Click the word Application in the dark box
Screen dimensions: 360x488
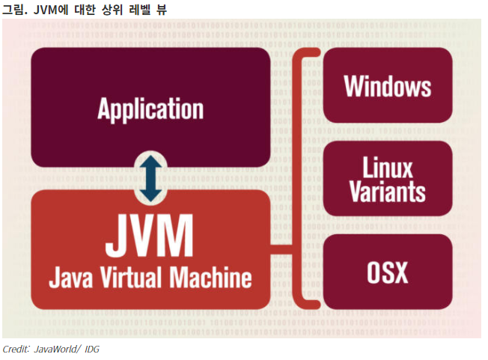(150, 109)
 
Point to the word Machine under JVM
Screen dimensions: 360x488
(213, 278)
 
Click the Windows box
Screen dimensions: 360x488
(387, 85)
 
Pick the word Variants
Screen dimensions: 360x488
(388, 191)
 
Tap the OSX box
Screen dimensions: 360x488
(387, 272)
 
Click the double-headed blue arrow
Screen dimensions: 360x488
(150, 178)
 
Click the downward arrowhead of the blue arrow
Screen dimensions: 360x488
(150, 195)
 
